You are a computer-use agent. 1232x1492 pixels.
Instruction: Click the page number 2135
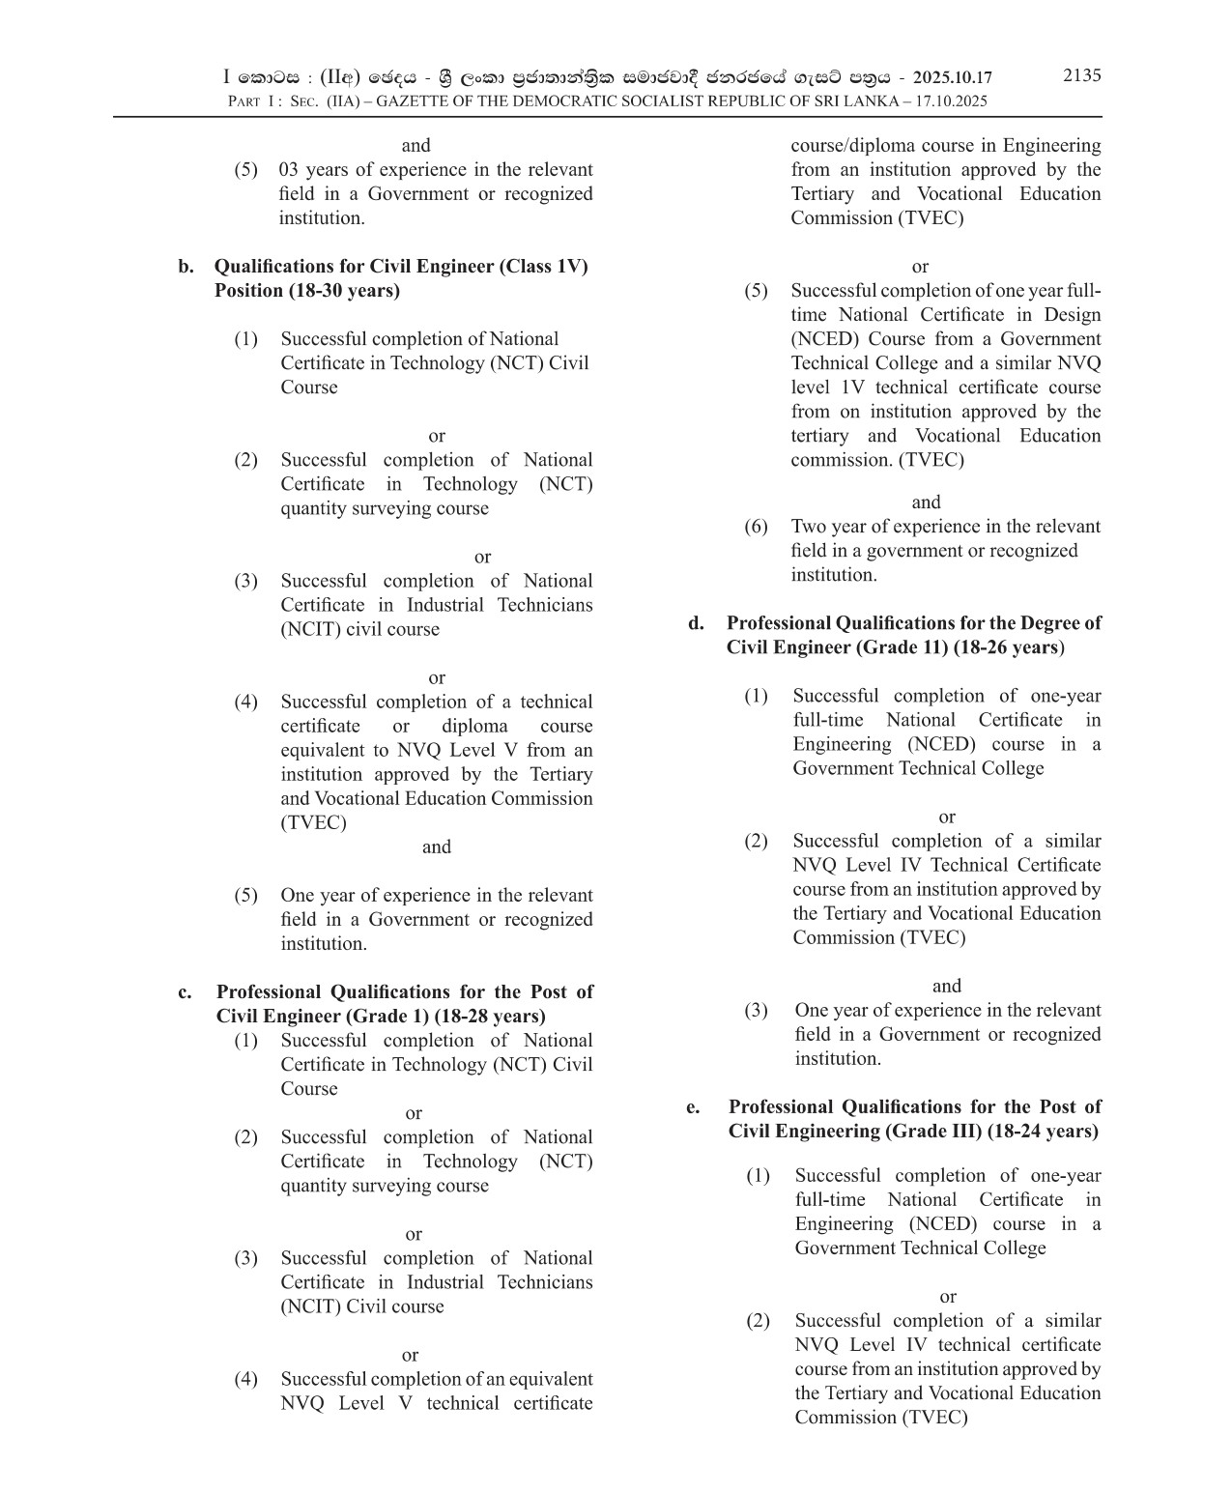click(1081, 75)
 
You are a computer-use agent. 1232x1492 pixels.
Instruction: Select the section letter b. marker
click(186, 267)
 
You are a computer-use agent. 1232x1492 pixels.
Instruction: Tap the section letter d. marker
click(696, 623)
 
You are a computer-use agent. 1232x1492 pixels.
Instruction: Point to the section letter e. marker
click(693, 1107)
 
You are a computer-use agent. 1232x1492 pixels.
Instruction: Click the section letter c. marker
click(185, 992)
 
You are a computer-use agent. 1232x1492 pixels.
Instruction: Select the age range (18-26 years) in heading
click(1009, 647)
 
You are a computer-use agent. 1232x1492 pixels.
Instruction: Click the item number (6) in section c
click(756, 527)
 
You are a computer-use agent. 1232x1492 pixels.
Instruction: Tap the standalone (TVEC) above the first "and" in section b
click(313, 823)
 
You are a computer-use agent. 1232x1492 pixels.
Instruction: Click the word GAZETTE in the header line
click(414, 101)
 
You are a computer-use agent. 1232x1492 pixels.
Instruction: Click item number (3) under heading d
click(756, 1011)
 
